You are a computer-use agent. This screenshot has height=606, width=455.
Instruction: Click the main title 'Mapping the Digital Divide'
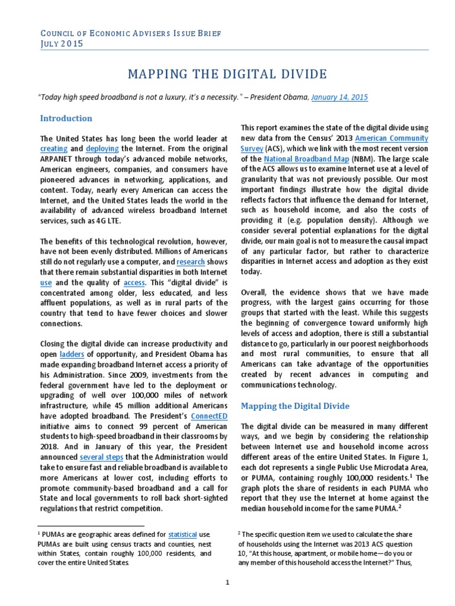coord(227,74)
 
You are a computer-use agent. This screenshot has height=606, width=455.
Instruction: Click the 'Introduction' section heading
coord(66,118)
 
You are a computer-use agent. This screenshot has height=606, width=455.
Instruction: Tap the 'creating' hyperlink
coord(54,149)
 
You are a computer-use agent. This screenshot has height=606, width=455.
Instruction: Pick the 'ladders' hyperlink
coord(52,354)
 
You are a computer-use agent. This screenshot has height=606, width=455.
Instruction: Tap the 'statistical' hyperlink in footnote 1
coord(182,534)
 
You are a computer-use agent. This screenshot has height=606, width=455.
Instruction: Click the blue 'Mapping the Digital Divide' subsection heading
coord(294,406)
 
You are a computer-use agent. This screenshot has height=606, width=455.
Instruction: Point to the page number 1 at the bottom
coord(227,582)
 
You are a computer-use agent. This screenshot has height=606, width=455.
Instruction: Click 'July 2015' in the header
coord(62,44)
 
